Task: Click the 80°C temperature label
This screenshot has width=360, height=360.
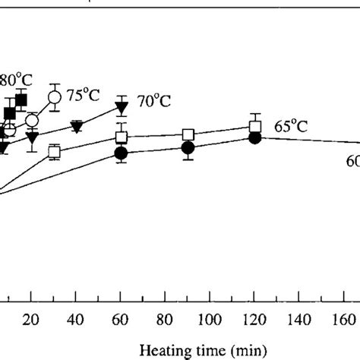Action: click(x=13, y=79)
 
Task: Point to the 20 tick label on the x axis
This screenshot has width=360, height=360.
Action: click(x=31, y=318)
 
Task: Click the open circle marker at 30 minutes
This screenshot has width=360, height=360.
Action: click(x=54, y=97)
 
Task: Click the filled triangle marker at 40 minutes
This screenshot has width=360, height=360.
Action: click(x=76, y=126)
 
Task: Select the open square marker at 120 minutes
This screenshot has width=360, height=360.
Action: click(x=256, y=127)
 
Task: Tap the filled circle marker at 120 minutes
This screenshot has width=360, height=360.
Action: click(x=255, y=138)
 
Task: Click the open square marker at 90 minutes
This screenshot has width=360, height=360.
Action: click(x=188, y=135)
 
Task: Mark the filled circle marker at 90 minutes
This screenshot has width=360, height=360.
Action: click(x=188, y=147)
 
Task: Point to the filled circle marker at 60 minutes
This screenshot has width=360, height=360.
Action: click(x=121, y=153)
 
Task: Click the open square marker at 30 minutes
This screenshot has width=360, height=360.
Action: click(x=54, y=152)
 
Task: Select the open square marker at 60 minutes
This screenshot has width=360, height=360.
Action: click(x=121, y=137)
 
